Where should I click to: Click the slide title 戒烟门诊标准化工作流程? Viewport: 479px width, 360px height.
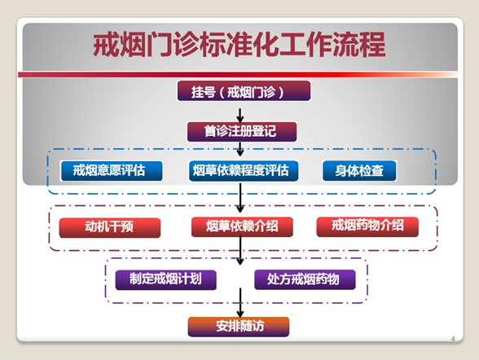[239, 45]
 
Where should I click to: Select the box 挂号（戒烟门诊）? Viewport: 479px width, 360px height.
[244, 91]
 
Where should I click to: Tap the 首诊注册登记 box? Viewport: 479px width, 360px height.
[242, 132]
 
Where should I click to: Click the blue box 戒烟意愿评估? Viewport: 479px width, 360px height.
[112, 171]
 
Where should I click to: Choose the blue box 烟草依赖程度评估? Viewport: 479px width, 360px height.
[244, 171]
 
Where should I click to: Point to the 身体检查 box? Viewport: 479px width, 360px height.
[359, 171]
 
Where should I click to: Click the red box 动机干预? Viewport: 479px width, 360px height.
[110, 227]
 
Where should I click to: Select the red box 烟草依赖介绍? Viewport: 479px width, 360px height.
[242, 227]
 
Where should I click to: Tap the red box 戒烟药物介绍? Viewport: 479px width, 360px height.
[367, 226]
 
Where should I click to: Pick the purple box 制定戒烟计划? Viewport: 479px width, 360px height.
[165, 279]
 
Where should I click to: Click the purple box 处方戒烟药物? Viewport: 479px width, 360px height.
[305, 279]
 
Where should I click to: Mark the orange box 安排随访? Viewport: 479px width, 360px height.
[239, 327]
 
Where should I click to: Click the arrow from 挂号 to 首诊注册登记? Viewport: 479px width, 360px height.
[240, 115]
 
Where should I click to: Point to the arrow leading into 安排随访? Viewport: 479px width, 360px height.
[240, 303]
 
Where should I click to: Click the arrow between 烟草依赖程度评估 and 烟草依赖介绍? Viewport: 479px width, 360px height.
[240, 198]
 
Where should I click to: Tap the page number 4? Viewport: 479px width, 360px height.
[453, 339]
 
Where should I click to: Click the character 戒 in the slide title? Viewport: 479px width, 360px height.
[106, 45]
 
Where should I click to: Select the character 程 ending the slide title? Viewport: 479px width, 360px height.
[373, 45]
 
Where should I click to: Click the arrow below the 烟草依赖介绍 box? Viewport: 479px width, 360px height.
[240, 251]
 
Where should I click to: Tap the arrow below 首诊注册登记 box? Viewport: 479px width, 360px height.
[240, 149]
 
